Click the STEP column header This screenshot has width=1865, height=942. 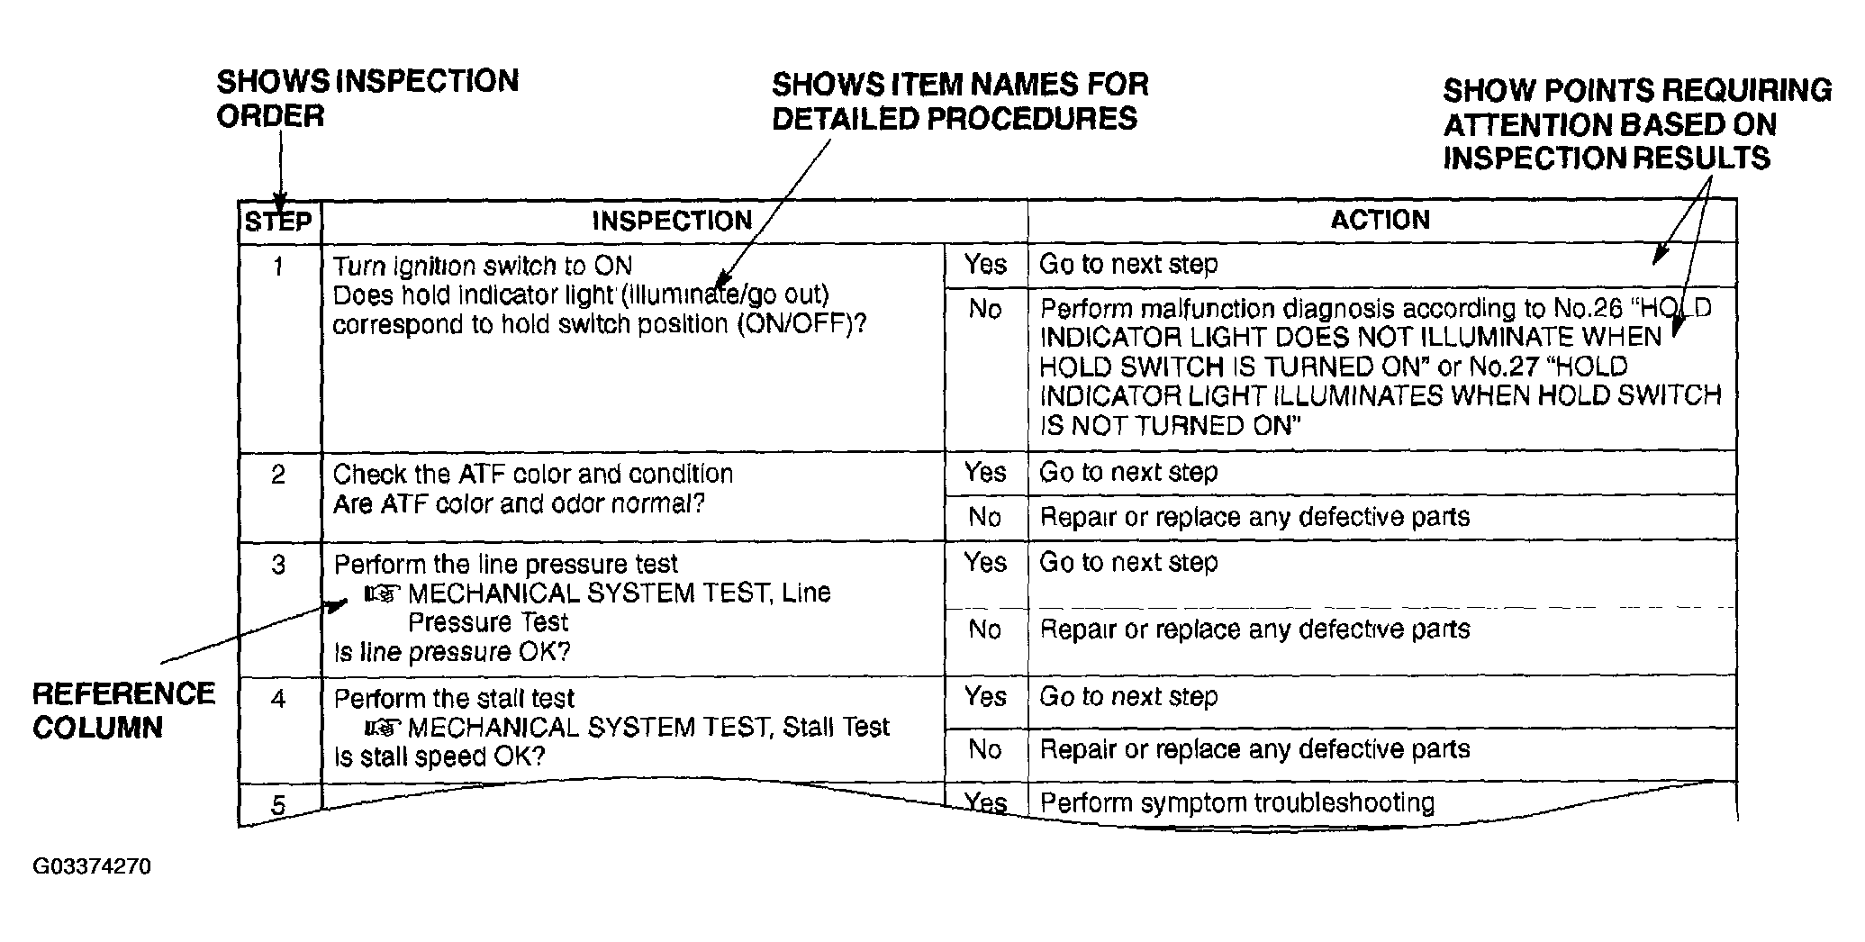click(278, 222)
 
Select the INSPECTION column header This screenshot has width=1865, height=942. click(672, 221)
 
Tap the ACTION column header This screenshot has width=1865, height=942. click(1381, 220)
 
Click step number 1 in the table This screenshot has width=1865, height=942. click(278, 267)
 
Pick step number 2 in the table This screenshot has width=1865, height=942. click(278, 475)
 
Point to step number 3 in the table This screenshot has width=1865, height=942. click(278, 565)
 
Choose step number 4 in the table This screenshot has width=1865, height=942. click(278, 699)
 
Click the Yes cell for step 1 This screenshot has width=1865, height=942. click(985, 264)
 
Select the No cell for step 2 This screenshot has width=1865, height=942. click(984, 517)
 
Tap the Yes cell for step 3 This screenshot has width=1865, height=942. click(985, 563)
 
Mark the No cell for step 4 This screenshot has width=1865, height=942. click(984, 749)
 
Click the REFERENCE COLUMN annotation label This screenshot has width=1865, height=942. click(123, 711)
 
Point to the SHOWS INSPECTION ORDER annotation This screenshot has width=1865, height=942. click(367, 98)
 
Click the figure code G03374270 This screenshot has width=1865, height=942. click(92, 867)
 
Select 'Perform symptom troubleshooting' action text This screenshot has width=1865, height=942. click(1237, 802)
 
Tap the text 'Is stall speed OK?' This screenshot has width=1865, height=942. click(439, 756)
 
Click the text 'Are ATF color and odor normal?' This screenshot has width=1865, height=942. click(519, 504)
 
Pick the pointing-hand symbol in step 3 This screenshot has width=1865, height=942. click(382, 594)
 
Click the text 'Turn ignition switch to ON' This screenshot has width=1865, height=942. click(483, 267)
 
